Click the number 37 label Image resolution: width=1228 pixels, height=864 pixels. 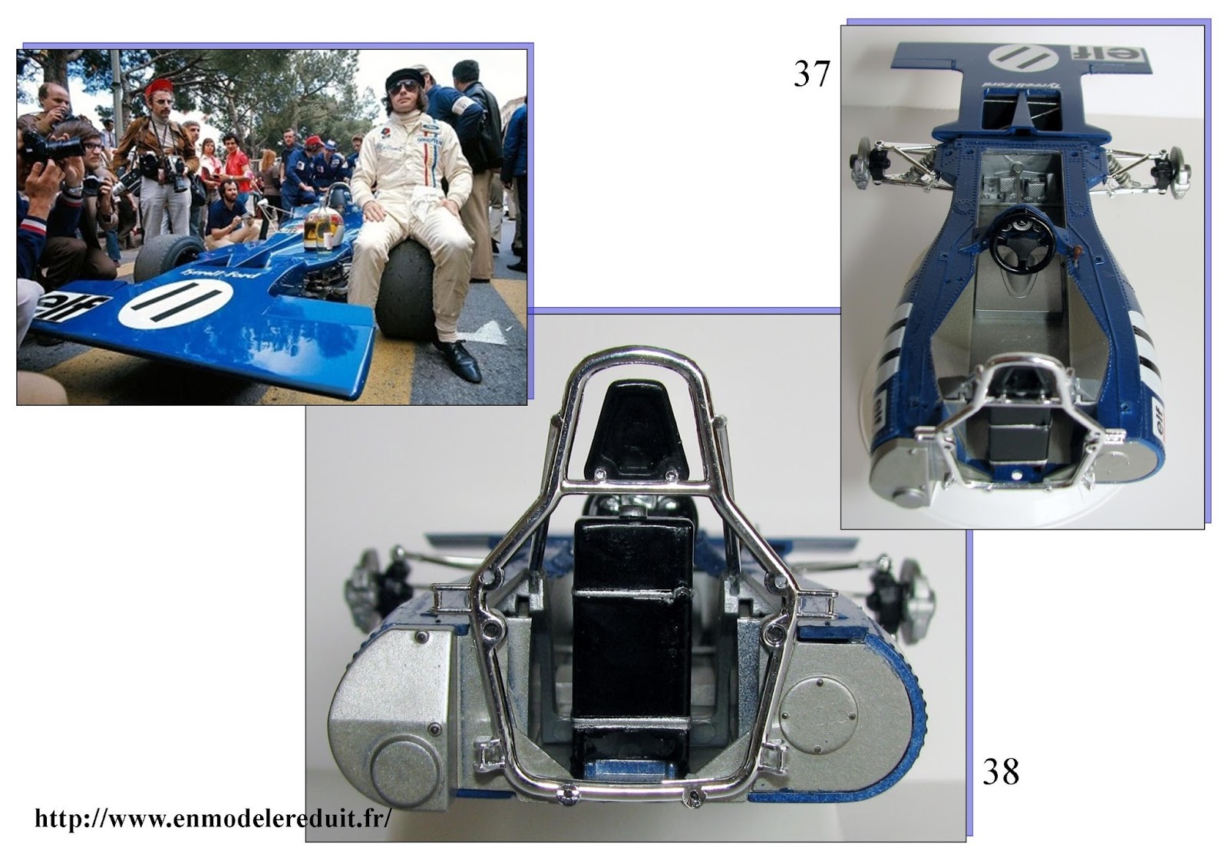coord(811,74)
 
